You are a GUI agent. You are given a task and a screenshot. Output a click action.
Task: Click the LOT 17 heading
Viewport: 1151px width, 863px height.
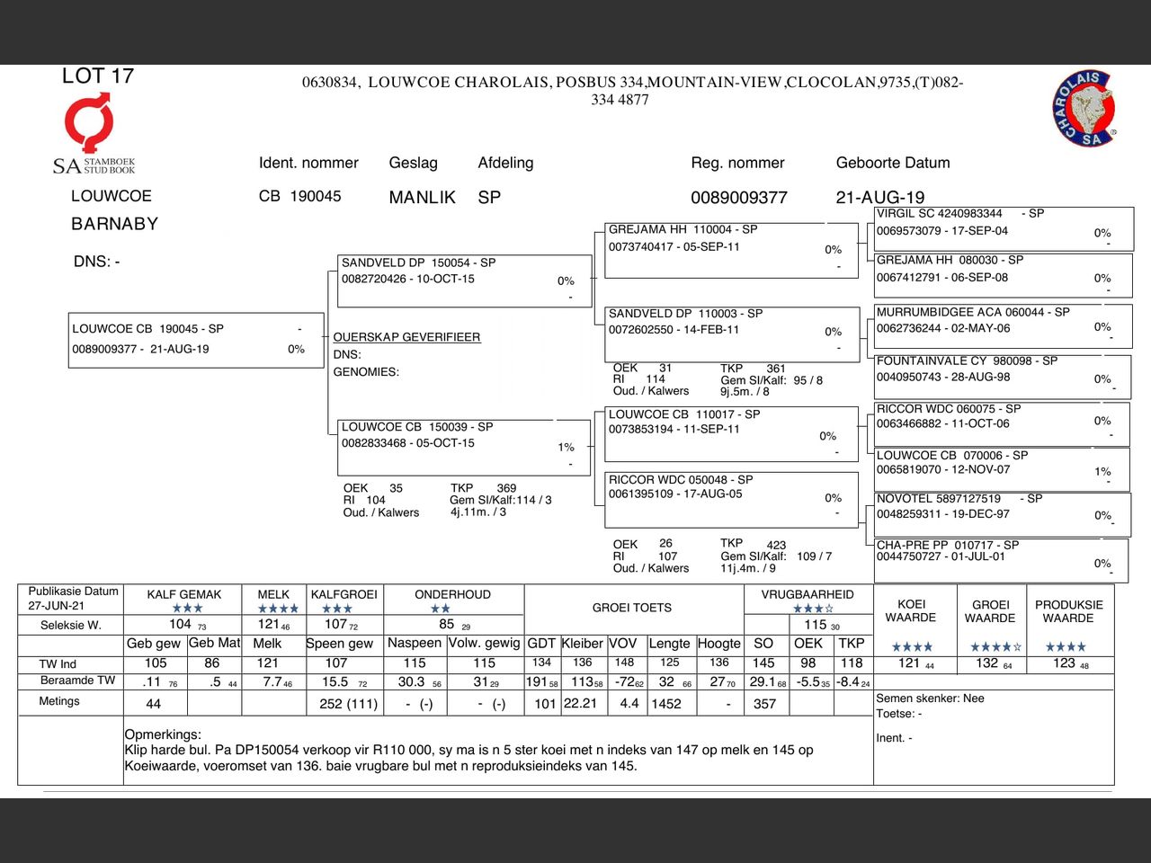click(x=98, y=76)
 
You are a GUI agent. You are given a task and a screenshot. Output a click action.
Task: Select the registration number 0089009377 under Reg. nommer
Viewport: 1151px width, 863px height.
click(x=738, y=198)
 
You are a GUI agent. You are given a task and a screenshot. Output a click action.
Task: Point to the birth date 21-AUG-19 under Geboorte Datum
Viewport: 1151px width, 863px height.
click(x=879, y=198)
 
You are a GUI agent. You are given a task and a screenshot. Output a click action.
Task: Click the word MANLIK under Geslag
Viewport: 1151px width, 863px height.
click(x=422, y=198)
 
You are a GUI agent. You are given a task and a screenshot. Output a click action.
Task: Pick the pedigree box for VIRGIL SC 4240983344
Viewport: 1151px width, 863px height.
click(x=1004, y=228)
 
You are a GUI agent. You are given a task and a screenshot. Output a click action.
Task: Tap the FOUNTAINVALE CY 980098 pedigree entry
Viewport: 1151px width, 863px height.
click(x=1002, y=376)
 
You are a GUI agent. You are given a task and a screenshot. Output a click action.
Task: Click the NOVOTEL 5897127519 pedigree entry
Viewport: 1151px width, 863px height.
click(x=1002, y=513)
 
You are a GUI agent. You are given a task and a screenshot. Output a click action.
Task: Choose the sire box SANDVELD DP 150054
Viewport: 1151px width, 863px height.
click(x=463, y=280)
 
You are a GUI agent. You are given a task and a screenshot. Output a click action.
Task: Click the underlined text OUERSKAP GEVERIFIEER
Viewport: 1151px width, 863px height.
click(x=406, y=337)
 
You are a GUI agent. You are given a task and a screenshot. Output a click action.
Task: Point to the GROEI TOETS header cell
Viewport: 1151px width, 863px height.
click(x=631, y=608)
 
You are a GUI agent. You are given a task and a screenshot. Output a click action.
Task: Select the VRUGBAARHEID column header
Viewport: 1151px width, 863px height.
click(x=807, y=594)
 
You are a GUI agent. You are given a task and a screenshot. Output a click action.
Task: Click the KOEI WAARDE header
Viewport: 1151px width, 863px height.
click(x=910, y=611)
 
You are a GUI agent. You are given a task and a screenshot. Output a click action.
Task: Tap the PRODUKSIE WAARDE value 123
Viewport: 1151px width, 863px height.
click(x=1065, y=663)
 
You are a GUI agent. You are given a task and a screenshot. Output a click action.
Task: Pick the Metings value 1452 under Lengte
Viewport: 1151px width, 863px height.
click(x=666, y=704)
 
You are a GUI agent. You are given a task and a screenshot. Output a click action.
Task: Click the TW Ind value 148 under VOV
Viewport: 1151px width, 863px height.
click(x=624, y=663)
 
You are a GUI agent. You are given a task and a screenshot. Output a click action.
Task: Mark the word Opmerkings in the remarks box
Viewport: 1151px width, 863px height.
click(x=163, y=734)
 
